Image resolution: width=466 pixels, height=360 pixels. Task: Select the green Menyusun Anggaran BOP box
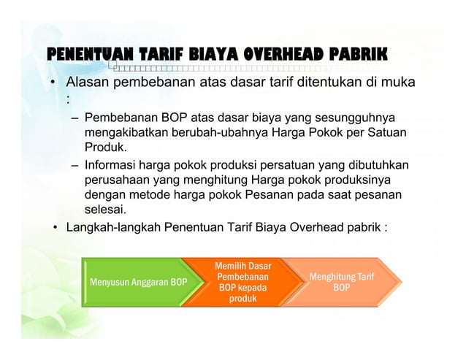click(137, 282)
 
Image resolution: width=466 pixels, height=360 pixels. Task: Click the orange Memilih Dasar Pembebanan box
click(242, 282)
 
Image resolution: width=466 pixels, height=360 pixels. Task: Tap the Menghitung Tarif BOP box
click(340, 282)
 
